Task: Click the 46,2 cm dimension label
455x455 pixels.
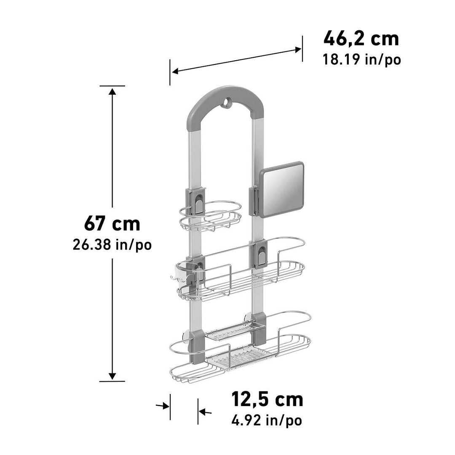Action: [361, 39]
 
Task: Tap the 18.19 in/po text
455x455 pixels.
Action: [361, 59]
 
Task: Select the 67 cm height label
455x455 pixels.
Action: [112, 223]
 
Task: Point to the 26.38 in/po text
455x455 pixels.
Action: [112, 245]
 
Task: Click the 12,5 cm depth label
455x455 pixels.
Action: [267, 399]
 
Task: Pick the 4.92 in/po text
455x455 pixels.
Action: [267, 420]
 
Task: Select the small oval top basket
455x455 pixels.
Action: [210, 216]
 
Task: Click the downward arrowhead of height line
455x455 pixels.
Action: [112, 375]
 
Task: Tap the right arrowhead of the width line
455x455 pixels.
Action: [297, 50]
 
